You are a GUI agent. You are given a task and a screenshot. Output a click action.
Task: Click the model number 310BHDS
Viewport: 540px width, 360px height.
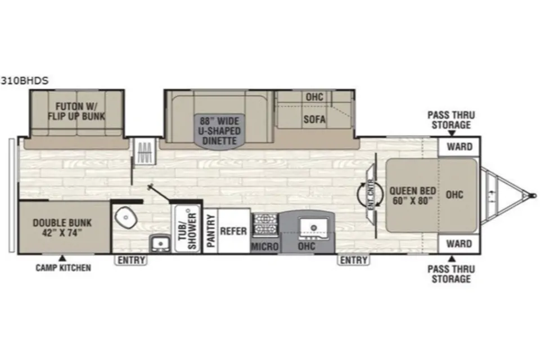click(24, 80)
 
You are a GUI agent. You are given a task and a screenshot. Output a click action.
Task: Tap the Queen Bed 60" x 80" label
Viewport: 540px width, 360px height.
click(412, 196)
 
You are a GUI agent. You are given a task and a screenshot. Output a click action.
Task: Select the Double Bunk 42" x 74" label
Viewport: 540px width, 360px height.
click(62, 228)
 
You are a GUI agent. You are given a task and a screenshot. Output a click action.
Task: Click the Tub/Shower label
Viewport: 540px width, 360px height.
click(187, 230)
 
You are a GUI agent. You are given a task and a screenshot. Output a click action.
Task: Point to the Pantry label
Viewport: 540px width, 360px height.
click(210, 231)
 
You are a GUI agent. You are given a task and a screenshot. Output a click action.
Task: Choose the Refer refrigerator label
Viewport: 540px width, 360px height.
click(233, 231)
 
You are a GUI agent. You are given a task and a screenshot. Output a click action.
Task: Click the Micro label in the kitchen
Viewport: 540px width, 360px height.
click(264, 246)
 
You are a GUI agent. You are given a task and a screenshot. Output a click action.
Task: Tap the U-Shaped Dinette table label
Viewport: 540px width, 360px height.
click(219, 131)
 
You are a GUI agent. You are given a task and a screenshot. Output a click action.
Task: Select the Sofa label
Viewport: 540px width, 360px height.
click(314, 119)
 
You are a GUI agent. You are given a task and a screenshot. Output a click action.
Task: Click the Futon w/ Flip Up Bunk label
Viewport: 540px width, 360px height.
click(76, 111)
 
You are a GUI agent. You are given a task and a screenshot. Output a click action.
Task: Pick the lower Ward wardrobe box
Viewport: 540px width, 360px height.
click(459, 244)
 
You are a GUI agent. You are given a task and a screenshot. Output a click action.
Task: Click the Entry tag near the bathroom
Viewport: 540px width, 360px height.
click(131, 260)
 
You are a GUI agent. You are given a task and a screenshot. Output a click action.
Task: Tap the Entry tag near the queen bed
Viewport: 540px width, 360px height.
click(354, 260)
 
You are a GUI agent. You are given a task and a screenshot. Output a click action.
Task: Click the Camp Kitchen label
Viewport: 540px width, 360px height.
click(64, 268)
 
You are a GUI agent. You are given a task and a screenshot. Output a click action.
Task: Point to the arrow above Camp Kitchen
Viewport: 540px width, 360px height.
click(62, 258)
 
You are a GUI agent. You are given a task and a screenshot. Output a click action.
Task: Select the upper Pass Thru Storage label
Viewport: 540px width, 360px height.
click(451, 120)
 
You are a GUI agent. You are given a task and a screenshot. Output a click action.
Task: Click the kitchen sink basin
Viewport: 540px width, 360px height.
click(313, 228)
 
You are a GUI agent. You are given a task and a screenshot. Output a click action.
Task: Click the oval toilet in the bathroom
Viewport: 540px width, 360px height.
click(125, 217)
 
